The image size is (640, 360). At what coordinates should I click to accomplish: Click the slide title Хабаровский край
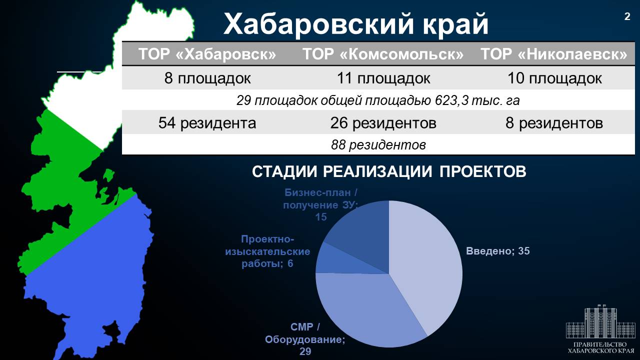355,23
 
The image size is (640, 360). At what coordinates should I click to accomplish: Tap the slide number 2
627,16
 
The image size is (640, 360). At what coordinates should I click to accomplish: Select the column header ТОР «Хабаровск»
207,54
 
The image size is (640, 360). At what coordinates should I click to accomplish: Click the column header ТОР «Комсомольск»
383,54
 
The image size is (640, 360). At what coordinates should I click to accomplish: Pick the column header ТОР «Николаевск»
554,54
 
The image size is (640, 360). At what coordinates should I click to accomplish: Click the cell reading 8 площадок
207,78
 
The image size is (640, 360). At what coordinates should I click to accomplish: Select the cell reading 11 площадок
383,78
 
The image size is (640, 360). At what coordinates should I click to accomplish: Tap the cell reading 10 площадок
554,78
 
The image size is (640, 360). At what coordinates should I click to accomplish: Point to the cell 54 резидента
207,123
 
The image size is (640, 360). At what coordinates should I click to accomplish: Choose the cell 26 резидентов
383,123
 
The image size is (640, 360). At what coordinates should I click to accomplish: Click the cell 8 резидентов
554,123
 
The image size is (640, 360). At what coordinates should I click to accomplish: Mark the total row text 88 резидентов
378,145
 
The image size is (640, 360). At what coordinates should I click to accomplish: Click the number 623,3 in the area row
451,100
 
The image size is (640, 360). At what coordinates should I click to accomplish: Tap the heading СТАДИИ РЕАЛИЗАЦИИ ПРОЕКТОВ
389,171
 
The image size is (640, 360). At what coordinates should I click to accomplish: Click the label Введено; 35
497,251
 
